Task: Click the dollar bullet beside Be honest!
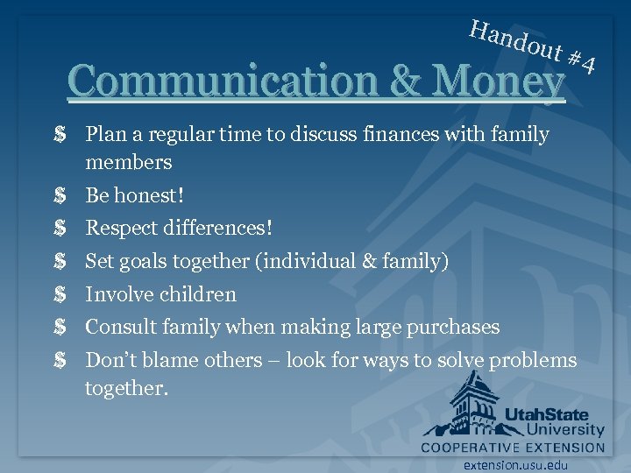click(x=60, y=195)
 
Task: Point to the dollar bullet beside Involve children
click(x=60, y=294)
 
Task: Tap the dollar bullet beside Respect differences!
click(x=60, y=229)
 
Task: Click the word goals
click(x=145, y=261)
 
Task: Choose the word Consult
click(x=119, y=328)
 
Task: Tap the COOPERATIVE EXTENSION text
click(x=513, y=448)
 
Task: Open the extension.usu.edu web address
click(x=516, y=464)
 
